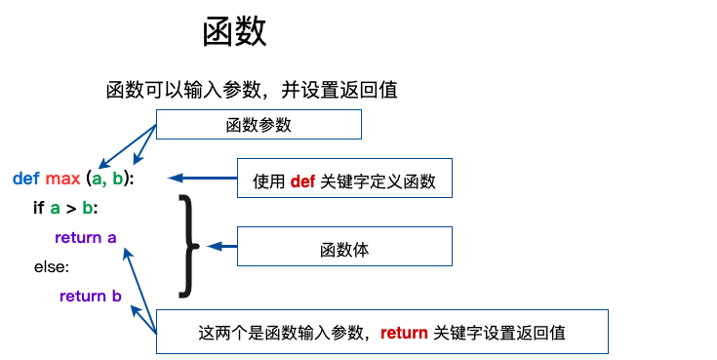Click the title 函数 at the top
(234, 32)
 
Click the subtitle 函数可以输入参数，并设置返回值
(252, 90)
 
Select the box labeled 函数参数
(259, 125)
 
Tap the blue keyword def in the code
(25, 179)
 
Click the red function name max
(62, 179)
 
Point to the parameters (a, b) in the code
(108, 179)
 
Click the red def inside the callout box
(302, 180)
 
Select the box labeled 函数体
(344, 249)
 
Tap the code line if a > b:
(65, 208)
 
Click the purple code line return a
(86, 237)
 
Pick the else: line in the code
(52, 266)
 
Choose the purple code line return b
(90, 296)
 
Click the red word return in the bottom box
(404, 333)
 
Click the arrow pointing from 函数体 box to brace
(223, 246)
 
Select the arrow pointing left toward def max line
(202, 178)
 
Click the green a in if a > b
(56, 208)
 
